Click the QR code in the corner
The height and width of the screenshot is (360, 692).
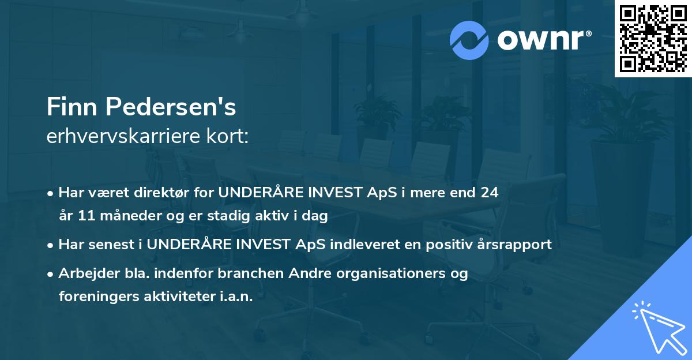pos(653,39)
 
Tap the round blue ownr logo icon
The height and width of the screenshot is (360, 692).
pos(469,40)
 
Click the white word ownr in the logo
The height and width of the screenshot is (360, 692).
pos(540,40)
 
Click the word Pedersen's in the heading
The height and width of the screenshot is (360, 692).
pos(171,107)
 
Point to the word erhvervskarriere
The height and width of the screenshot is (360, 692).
pos(123,136)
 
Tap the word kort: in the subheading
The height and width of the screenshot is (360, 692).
pos(228,136)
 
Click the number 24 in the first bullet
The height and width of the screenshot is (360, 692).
pos(490,192)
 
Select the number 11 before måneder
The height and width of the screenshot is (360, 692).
pos(86,215)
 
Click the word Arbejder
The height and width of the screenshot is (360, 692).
pos(89,273)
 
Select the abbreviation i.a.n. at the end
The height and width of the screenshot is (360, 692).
pos(236,297)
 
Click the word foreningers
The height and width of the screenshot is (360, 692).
pos(99,297)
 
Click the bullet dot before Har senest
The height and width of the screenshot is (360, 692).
pos(50,246)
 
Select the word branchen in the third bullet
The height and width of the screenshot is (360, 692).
pos(250,273)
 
